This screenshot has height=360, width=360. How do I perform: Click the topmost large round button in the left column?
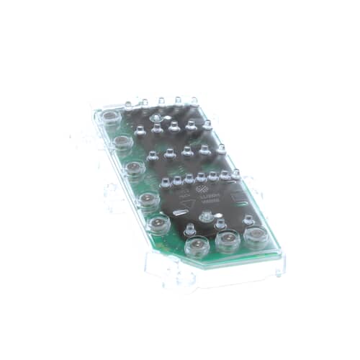click(x=110, y=116)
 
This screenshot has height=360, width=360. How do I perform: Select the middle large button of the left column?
click(x=133, y=170)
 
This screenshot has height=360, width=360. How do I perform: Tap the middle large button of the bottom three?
click(x=228, y=240)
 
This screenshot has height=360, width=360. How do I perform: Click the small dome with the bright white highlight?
click(x=207, y=216)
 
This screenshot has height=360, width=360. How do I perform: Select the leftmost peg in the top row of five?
click(x=128, y=105)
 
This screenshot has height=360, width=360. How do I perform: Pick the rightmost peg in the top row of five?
click(x=194, y=101)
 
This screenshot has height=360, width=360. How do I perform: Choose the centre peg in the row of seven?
click(x=201, y=177)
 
